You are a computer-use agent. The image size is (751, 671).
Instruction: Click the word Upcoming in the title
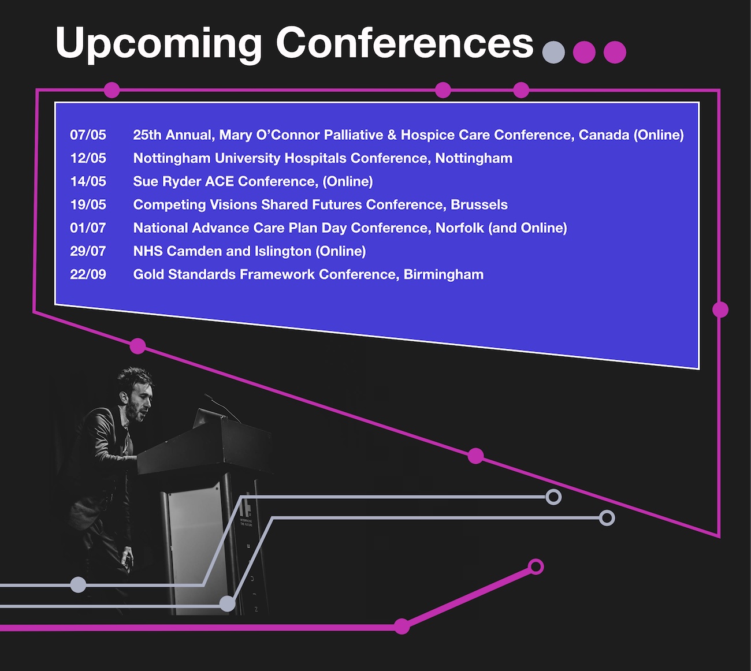pyautogui.click(x=159, y=44)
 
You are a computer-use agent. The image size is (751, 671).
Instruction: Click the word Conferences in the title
pyautogui.click(x=404, y=43)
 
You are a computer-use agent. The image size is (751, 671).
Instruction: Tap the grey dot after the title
pyautogui.click(x=553, y=52)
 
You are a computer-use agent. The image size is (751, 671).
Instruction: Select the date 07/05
pyautogui.click(x=88, y=135)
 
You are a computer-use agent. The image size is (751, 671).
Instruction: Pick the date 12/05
pyautogui.click(x=88, y=158)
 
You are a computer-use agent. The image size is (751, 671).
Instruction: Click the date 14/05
pyautogui.click(x=88, y=181)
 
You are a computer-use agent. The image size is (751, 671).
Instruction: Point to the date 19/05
pyautogui.click(x=88, y=204)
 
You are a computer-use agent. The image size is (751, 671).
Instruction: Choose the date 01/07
pyautogui.click(x=88, y=228)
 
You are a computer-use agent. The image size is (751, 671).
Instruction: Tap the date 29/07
pyautogui.click(x=88, y=251)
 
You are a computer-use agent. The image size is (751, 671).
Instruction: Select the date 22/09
pyautogui.click(x=88, y=274)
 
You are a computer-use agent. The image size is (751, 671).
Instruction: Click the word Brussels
pyautogui.click(x=479, y=204)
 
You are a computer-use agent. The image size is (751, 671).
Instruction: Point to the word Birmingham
pyautogui.click(x=443, y=275)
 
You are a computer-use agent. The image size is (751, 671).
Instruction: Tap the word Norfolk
pyautogui.click(x=460, y=228)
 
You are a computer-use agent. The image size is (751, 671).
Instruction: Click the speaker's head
pyautogui.click(x=134, y=394)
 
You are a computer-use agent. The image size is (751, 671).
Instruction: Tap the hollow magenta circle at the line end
pyautogui.click(x=536, y=566)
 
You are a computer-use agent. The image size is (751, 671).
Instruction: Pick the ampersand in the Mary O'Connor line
pyautogui.click(x=392, y=135)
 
